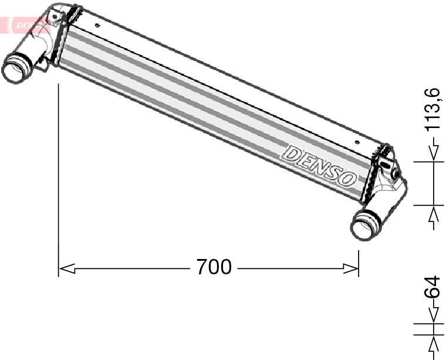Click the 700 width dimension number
point(214,267)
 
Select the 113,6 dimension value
point(433,109)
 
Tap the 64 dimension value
point(433,288)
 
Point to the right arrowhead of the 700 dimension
point(351,268)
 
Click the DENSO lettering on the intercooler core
point(320,166)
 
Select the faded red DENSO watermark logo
point(26,25)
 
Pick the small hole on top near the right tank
point(359,141)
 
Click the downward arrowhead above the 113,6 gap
point(434,153)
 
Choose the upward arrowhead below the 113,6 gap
point(434,214)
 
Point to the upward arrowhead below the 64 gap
point(434,343)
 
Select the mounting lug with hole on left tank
point(55,16)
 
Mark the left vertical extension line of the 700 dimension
point(59,176)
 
